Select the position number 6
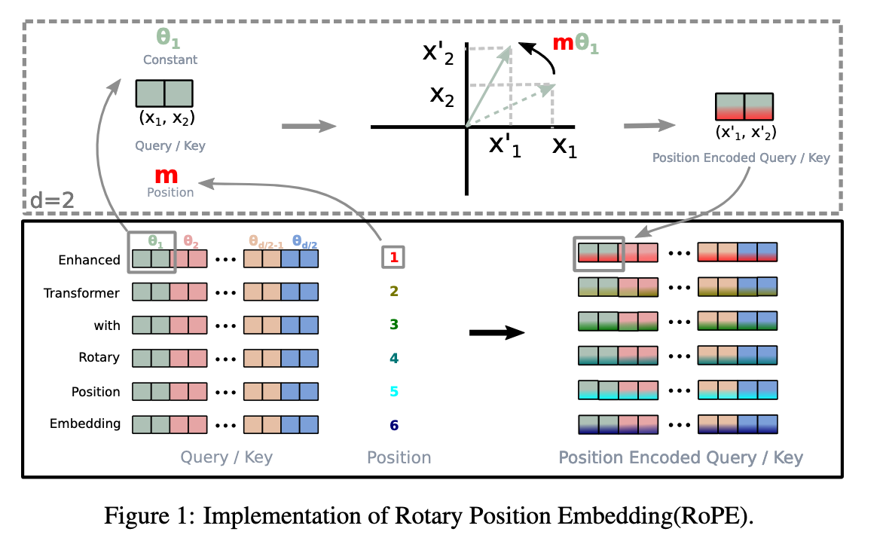[x=393, y=425]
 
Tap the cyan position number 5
[x=393, y=392]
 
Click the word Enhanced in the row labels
[x=89, y=260]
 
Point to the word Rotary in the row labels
[x=99, y=357]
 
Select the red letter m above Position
[x=166, y=176]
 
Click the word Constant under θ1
[x=170, y=60]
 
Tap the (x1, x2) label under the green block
[x=165, y=118]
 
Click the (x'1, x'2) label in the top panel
[x=744, y=133]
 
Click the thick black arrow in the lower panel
[x=496, y=332]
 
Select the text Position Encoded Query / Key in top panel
[x=741, y=158]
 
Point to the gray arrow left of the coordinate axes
[x=309, y=126]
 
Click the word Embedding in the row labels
[x=85, y=423]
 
